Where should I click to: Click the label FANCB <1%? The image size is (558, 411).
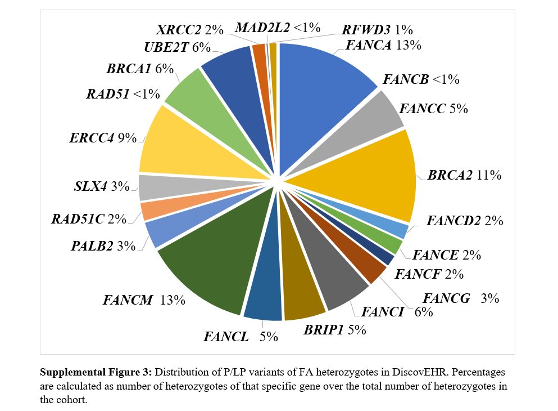point(421,79)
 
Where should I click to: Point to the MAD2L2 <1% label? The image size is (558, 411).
point(278,27)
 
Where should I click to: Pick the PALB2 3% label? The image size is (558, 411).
point(103,245)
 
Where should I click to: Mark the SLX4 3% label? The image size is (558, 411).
point(102,186)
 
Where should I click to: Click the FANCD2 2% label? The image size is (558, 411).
point(464,221)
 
